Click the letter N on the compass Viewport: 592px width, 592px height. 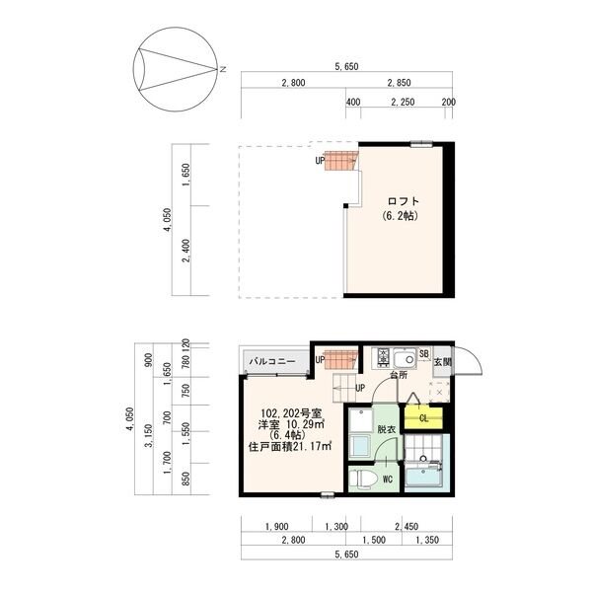coord(223,69)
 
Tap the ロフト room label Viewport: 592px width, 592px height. coord(404,201)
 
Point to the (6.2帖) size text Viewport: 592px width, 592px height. coord(400,216)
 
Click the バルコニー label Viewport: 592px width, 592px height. coord(272,361)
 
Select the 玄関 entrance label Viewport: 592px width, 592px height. coord(442,362)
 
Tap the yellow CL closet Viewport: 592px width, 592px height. coord(423,418)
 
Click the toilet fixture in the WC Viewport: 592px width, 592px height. coord(363,480)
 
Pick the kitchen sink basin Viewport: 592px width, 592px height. coord(405,357)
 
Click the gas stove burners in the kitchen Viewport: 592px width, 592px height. coord(383,357)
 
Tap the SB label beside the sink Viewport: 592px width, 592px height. coord(424,354)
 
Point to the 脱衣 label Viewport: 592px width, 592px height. coord(386,429)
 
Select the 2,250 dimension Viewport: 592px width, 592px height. coord(403,102)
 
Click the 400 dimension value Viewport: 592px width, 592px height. coord(352,102)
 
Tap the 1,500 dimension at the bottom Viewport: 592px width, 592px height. coord(374,540)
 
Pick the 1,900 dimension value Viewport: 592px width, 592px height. coord(276,526)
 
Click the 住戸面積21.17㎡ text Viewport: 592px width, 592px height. coord(289,446)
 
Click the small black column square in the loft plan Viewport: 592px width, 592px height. coord(345,206)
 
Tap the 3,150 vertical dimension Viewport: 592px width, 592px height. coord(149,435)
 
